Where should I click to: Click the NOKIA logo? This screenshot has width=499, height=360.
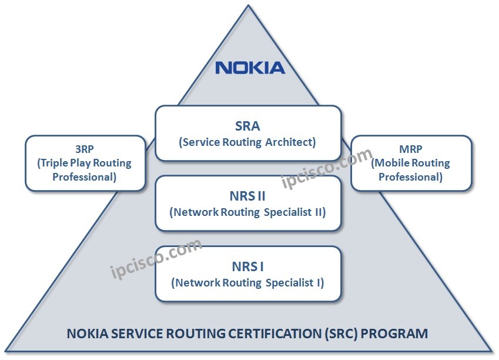coord(250,67)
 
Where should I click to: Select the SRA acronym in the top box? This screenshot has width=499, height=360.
coord(247,125)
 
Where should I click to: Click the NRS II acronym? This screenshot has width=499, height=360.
coord(247,196)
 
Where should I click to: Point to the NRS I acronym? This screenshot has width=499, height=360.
coord(247,266)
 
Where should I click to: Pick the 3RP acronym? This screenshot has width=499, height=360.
coord(85,149)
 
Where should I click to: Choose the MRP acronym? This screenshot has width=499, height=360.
coord(410,149)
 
